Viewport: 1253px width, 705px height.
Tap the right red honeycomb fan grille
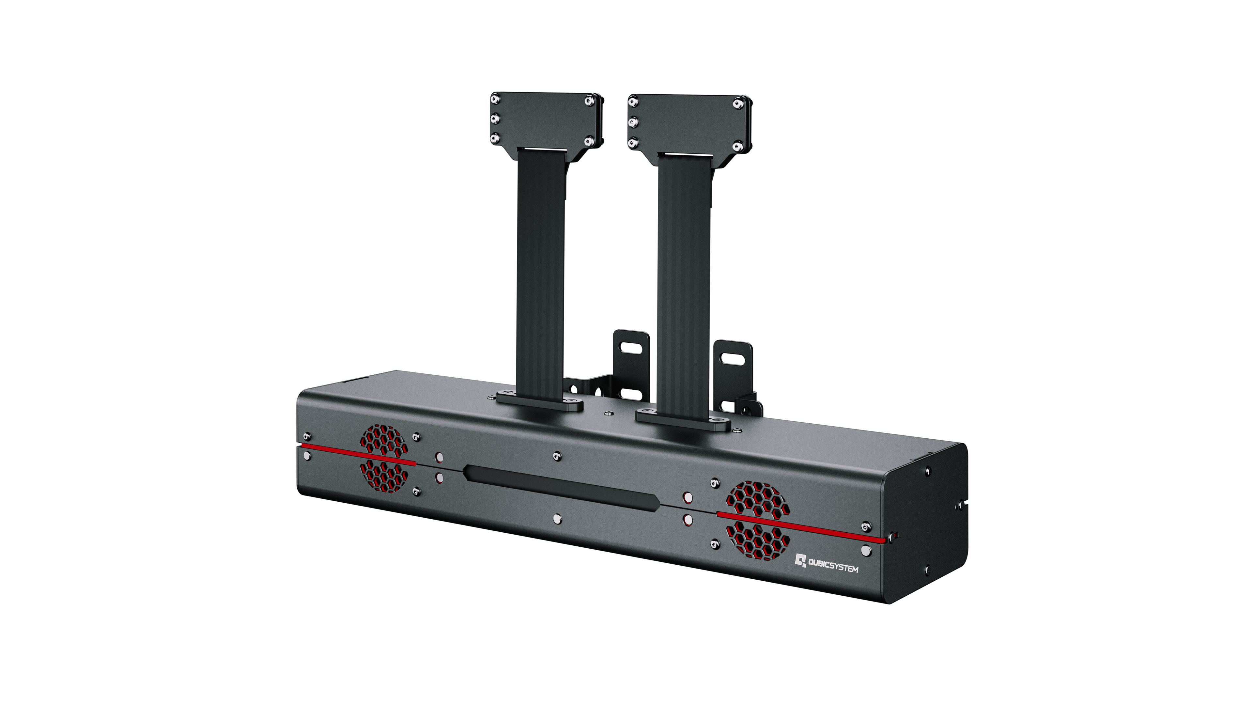[757, 520]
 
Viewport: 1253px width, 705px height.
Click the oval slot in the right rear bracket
[732, 360]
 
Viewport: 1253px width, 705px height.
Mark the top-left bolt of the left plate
[495, 99]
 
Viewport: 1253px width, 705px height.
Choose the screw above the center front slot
[557, 456]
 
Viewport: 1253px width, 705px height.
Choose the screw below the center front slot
[557, 519]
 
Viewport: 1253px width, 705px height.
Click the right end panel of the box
[924, 521]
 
